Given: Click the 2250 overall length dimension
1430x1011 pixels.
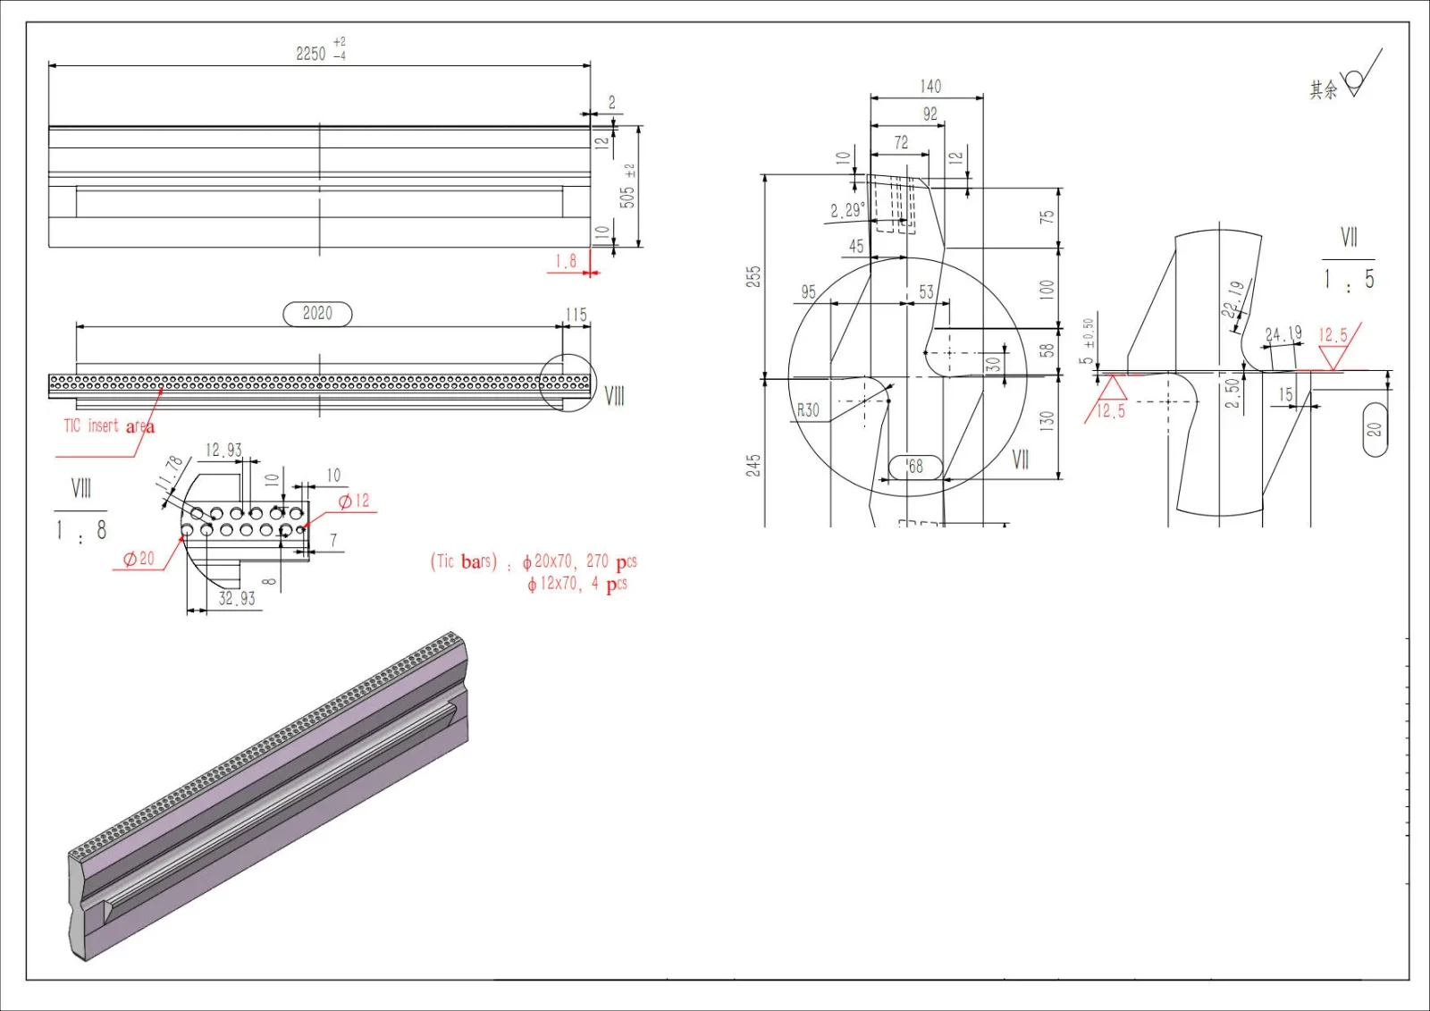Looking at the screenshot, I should (312, 54).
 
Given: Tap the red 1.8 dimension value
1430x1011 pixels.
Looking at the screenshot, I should (566, 261).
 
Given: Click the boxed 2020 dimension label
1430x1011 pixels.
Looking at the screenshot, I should (317, 314).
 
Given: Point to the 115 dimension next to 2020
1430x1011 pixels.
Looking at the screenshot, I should (576, 315).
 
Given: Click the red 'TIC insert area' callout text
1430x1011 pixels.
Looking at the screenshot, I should (108, 426).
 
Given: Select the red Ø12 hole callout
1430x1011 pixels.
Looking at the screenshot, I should (354, 501).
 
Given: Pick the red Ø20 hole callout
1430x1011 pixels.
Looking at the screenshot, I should (139, 559).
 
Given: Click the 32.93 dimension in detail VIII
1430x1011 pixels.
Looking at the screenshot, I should (237, 599).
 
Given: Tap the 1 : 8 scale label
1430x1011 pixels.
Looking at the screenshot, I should (80, 530).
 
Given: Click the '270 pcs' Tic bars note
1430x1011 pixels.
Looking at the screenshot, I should (611, 561).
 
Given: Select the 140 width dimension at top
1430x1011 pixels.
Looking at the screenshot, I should (930, 87).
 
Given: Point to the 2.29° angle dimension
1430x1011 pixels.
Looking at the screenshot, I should (847, 210).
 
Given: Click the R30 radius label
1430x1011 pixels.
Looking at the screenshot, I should (808, 410).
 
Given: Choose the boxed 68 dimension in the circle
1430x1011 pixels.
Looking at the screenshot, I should (915, 467).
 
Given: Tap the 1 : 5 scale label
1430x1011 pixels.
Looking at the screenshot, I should (1349, 280).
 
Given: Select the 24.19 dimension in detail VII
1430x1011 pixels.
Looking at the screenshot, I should (1283, 334).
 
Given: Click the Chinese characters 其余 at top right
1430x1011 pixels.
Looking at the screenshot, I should (1324, 89).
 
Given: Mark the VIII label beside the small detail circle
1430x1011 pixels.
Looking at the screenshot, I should (615, 396).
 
